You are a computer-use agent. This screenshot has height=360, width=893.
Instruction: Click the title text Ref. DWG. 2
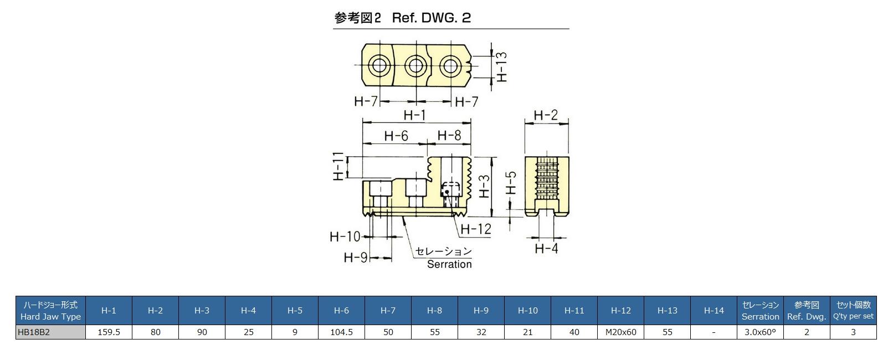pyautogui.click(x=431, y=18)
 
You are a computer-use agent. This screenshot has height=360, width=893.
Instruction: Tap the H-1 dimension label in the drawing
pyautogui.click(x=414, y=115)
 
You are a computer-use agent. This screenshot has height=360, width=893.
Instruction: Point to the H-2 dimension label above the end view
pyautogui.click(x=546, y=115)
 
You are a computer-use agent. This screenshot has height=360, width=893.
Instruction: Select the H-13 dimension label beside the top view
pyautogui.click(x=502, y=67)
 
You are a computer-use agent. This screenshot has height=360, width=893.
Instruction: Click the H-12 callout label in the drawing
pyautogui.click(x=476, y=228)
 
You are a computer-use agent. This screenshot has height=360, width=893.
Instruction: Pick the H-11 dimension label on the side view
pyautogui.click(x=338, y=166)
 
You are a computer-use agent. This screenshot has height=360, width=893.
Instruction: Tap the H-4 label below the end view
pyautogui.click(x=546, y=248)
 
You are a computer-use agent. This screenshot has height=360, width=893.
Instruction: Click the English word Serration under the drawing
pyautogui.click(x=449, y=264)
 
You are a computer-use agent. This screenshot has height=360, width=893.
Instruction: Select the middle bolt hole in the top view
pyautogui.click(x=415, y=66)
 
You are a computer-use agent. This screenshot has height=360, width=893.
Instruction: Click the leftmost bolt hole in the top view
pyautogui.click(x=380, y=66)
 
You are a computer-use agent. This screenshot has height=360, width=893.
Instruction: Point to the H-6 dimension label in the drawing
pyautogui.click(x=396, y=136)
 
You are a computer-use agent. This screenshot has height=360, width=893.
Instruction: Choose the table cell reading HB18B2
pyautogui.click(x=50, y=332)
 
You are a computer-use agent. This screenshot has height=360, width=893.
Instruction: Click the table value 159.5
pyautogui.click(x=109, y=332)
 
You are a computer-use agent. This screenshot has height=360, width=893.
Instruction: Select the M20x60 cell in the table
pyautogui.click(x=620, y=332)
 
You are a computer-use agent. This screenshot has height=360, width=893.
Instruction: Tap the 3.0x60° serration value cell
pyautogui.click(x=760, y=332)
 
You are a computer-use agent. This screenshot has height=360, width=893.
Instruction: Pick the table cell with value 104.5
pyautogui.click(x=341, y=332)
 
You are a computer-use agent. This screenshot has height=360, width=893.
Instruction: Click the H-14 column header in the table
pyautogui.click(x=714, y=310)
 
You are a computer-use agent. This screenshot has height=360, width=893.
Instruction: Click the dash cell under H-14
pyautogui.click(x=714, y=332)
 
